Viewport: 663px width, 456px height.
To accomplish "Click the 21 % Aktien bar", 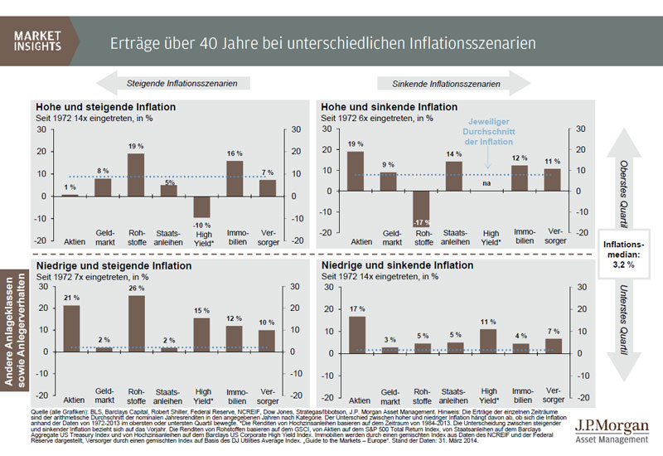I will tap(72, 329).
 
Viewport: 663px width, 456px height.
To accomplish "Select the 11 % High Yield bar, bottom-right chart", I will tap(487, 341).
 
